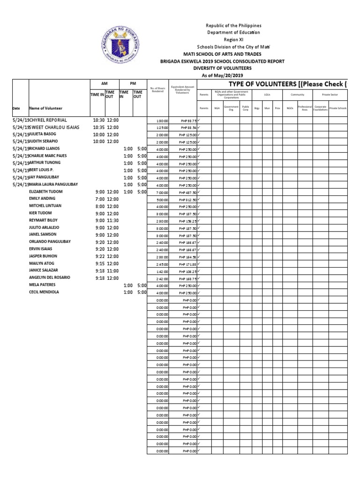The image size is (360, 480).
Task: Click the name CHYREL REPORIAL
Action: pyautogui.click(x=48, y=120)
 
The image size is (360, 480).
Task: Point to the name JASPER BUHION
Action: pyautogui.click(x=43, y=256)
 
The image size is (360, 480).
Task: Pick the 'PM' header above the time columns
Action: pyautogui.click(x=133, y=83)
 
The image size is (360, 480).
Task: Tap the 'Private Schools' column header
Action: pyautogui.click(x=337, y=108)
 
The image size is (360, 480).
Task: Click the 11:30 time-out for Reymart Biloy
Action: pyautogui.click(x=112, y=220)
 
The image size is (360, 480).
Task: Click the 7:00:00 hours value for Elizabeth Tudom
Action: pyautogui.click(x=162, y=192)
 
